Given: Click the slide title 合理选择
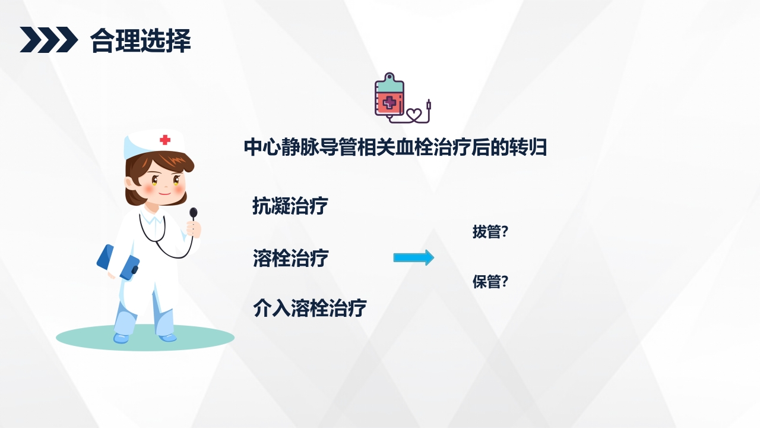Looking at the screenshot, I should [x=140, y=40].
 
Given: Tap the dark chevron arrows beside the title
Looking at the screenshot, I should [x=49, y=40].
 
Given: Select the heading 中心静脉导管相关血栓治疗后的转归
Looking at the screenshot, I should [x=395, y=147].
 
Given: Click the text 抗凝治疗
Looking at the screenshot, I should [x=290, y=206].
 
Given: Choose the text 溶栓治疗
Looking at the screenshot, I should [x=290, y=259].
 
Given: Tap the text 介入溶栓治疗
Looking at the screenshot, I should [x=309, y=308].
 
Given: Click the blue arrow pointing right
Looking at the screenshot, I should [x=413, y=257].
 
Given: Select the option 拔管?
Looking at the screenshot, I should [x=490, y=232].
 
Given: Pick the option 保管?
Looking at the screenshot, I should [x=490, y=282].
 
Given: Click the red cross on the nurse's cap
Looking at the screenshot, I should [x=165, y=140].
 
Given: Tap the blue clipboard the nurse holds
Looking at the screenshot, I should [x=118, y=262].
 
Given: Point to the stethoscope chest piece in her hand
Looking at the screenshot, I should [x=194, y=212].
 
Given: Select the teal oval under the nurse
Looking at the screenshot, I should [x=145, y=338].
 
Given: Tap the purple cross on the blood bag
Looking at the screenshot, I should [x=389, y=103].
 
